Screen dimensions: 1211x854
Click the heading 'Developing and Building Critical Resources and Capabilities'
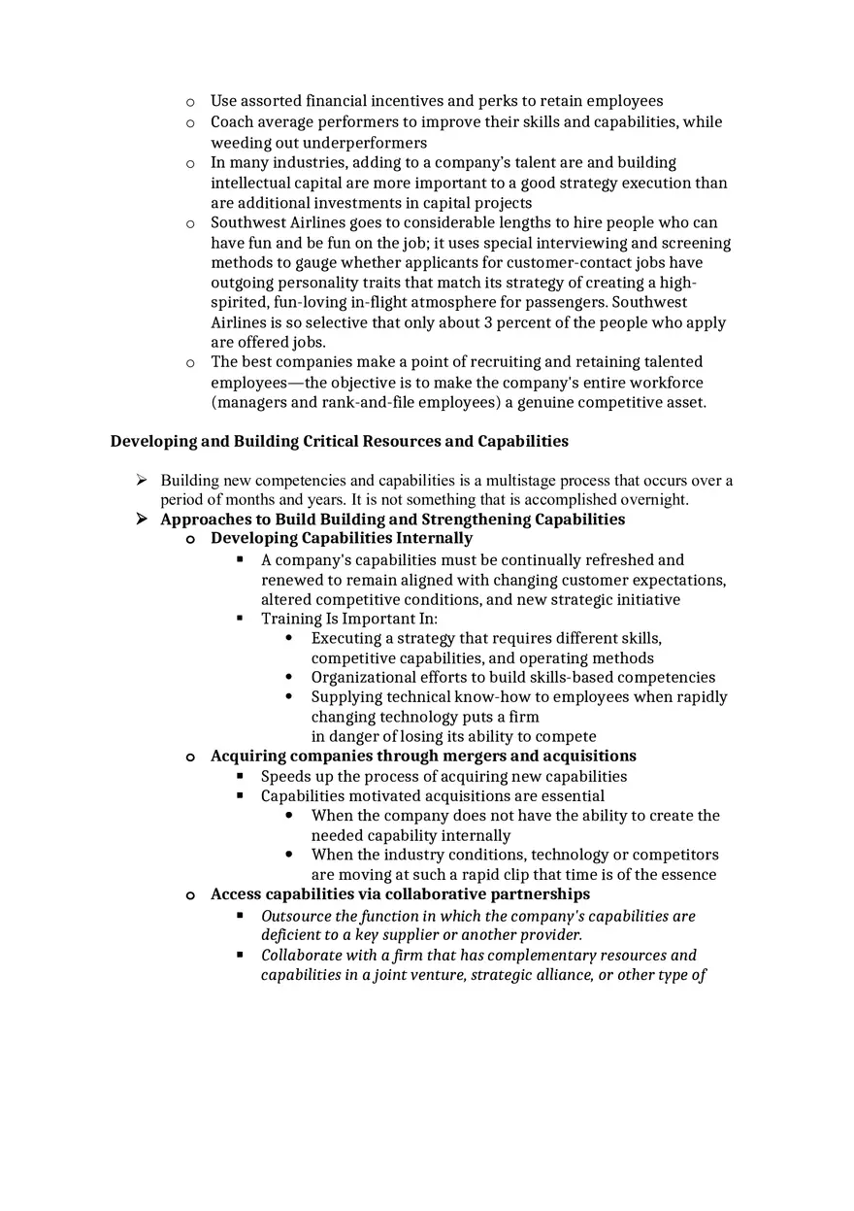click(x=339, y=441)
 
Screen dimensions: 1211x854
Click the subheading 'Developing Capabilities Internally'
click(x=342, y=538)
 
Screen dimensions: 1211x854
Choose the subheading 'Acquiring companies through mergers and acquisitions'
click(x=423, y=756)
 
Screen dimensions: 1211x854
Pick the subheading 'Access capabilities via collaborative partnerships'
click(x=400, y=893)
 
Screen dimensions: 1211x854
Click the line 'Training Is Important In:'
click(x=349, y=619)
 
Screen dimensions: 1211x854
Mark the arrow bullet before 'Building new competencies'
click(x=142, y=480)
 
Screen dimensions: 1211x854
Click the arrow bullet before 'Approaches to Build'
click(x=142, y=519)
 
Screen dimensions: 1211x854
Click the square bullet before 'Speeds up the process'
click(x=240, y=776)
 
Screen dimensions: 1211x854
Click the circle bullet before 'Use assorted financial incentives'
click(x=190, y=101)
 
